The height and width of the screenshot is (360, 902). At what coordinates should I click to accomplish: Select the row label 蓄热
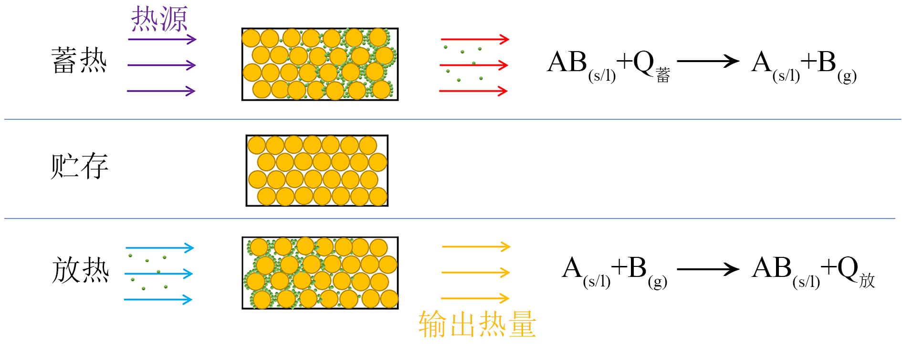[x=79, y=61]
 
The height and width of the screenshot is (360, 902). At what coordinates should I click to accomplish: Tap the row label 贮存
[x=79, y=166]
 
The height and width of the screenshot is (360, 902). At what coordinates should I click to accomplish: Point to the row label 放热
[x=80, y=270]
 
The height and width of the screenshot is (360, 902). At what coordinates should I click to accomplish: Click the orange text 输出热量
[x=477, y=325]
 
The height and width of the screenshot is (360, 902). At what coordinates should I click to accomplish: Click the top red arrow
[x=474, y=39]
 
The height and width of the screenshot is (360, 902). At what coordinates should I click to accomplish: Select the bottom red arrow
[x=473, y=91]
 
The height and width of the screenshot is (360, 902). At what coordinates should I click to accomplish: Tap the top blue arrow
[x=159, y=248]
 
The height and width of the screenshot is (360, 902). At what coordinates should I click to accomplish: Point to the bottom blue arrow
[x=158, y=300]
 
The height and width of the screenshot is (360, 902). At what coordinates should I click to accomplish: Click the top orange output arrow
[x=476, y=247]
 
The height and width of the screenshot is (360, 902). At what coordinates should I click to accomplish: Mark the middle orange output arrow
[x=476, y=273]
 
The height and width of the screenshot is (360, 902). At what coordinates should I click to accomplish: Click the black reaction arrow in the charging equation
[x=708, y=61]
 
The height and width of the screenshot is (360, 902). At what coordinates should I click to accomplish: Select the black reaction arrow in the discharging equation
[x=708, y=270]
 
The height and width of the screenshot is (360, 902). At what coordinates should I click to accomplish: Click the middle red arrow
[x=473, y=65]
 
